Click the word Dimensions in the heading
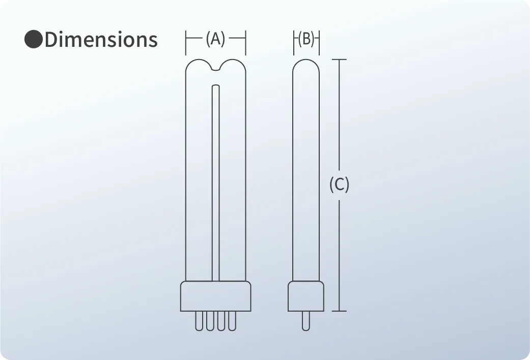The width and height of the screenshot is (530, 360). [x=101, y=40]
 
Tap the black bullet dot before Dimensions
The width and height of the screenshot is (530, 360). [x=34, y=40]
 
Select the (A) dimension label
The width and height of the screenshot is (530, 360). [x=215, y=39]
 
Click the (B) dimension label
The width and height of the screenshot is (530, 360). [x=306, y=39]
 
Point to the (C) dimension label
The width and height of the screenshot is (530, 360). [x=339, y=184]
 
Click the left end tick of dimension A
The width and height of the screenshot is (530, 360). [x=186, y=42]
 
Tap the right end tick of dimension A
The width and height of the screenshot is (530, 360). [x=246, y=42]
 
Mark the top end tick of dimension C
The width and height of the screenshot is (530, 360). [x=339, y=60]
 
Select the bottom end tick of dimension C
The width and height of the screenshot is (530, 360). [x=339, y=311]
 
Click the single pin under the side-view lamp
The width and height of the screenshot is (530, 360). [x=305, y=321]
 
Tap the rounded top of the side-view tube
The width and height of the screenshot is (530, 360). [x=306, y=64]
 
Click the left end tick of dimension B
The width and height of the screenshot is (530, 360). [x=294, y=42]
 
